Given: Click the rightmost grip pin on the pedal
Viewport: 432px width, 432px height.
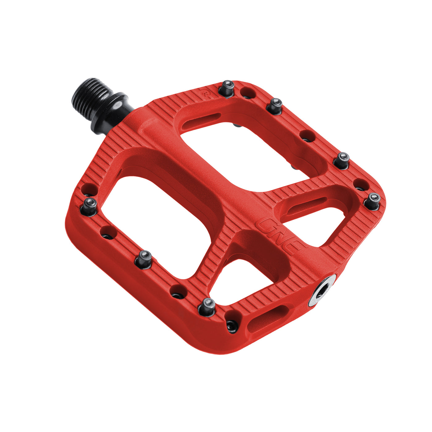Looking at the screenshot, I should click(372, 201).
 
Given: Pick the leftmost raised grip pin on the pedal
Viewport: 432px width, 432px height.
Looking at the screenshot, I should click(89, 206).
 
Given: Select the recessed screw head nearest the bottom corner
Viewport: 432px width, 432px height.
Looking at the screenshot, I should click(232, 326).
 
